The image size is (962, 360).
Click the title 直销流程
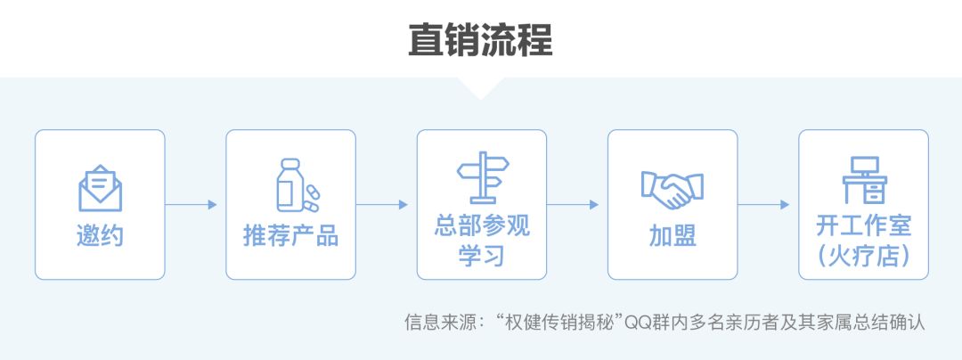(x=480, y=40)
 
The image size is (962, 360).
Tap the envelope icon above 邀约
(x=100, y=188)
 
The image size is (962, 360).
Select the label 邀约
(x=100, y=237)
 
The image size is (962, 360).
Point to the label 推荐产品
(x=290, y=237)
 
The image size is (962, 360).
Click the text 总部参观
(x=482, y=225)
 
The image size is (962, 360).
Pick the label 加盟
(x=673, y=237)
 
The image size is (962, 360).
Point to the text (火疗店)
(x=863, y=255)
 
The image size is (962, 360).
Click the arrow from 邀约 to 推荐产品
(x=192, y=204)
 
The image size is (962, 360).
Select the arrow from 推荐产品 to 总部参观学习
(x=382, y=204)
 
